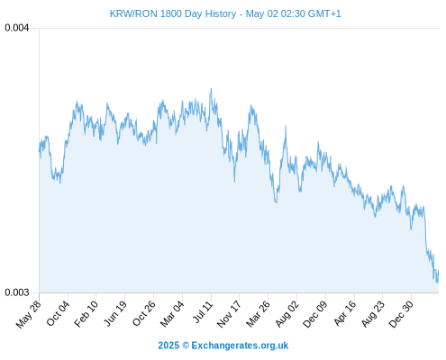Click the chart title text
pyautogui.click(x=225, y=13)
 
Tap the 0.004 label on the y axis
pyautogui.click(x=17, y=28)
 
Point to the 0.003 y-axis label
pyautogui.click(x=17, y=292)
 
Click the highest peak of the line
pyautogui.click(x=211, y=89)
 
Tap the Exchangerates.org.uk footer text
pyautogui.click(x=240, y=346)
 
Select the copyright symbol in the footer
pyautogui.click(x=186, y=346)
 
